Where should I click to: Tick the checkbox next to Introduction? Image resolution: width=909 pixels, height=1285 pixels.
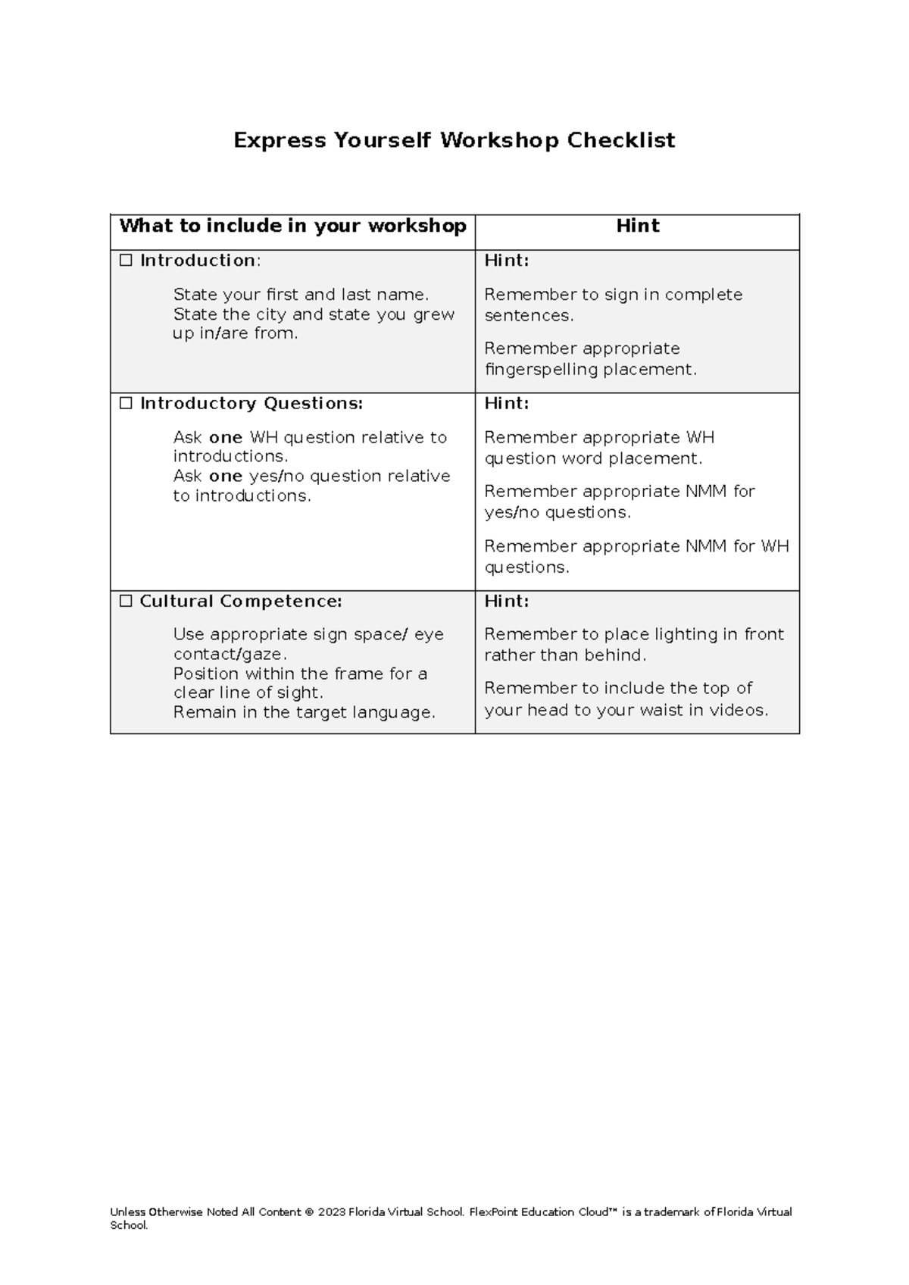(126, 261)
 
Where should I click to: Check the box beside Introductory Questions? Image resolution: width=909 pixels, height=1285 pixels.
(126, 404)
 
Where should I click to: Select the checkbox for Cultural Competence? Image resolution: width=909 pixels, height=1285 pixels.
(126, 602)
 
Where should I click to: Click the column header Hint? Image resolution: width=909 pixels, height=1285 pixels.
(638, 226)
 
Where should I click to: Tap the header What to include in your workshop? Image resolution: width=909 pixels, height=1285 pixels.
(292, 226)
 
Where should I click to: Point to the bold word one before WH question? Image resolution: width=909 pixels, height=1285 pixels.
(225, 438)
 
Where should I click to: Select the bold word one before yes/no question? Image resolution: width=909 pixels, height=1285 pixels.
(225, 477)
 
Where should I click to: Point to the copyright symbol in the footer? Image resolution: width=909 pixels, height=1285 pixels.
(308, 1212)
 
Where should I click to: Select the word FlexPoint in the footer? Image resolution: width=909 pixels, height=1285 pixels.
(493, 1212)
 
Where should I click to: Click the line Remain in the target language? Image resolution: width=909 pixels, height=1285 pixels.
(304, 712)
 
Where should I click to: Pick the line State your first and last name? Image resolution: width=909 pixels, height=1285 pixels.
(301, 294)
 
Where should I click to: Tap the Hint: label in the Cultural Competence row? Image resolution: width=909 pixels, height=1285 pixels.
(507, 602)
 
